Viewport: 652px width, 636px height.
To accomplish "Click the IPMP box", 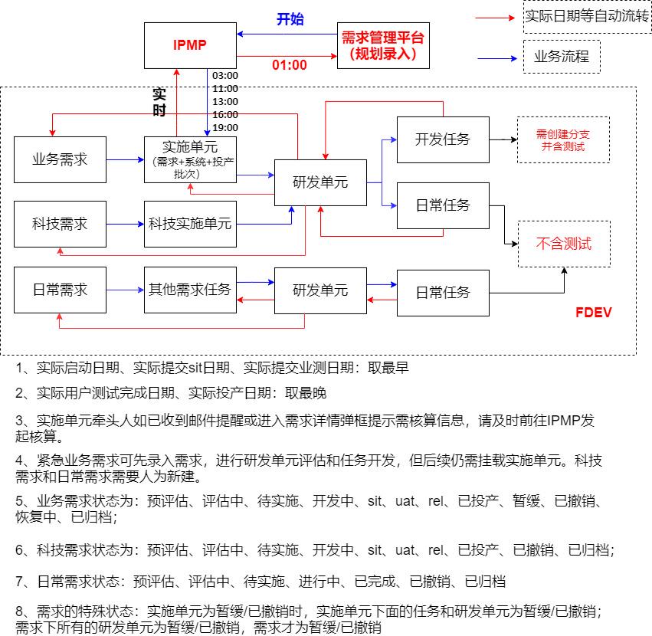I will (x=190, y=44).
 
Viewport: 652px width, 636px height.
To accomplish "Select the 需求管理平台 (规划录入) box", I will (x=383, y=45).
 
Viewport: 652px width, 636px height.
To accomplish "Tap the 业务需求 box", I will (x=60, y=159).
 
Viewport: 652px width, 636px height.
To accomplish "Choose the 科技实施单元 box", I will (x=190, y=224).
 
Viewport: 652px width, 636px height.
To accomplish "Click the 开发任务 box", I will (x=442, y=139).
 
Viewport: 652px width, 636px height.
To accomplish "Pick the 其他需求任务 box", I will (x=190, y=290).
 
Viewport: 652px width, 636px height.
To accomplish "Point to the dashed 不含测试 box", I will (x=564, y=244).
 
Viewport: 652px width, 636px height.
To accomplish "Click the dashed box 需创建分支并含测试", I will (x=564, y=139).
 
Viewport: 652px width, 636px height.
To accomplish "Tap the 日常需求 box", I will (x=60, y=290).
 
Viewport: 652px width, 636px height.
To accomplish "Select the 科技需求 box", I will (x=60, y=224).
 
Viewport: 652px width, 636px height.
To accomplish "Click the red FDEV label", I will (x=593, y=313).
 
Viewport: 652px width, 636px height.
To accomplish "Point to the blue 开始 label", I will (x=290, y=19).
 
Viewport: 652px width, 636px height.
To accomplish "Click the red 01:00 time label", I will (x=290, y=65).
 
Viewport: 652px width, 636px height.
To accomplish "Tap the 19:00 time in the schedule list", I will (x=225, y=127).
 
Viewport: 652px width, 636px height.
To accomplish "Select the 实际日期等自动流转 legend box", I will (x=586, y=17).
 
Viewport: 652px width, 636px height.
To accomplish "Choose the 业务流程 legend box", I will (x=561, y=57).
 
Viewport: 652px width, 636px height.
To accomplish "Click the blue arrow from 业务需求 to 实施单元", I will (x=125, y=160).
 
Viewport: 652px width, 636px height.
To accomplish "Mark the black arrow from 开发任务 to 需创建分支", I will (x=503, y=139).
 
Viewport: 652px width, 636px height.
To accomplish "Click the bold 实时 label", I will (x=159, y=101).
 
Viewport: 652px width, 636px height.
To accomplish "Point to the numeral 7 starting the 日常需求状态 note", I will (x=20, y=582).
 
